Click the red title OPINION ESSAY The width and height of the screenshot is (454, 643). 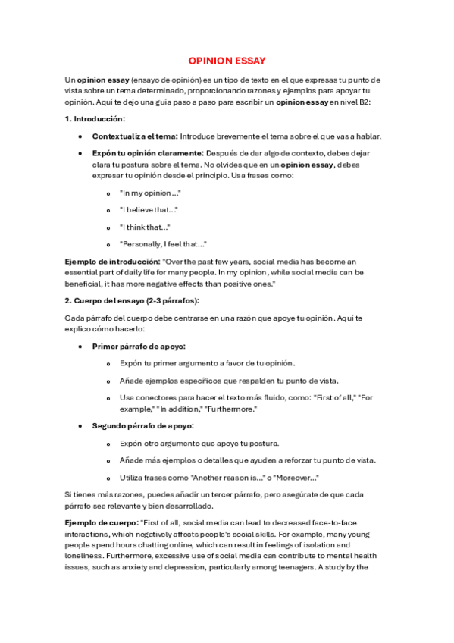pyautogui.click(x=227, y=60)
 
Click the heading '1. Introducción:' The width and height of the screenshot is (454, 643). pyautogui.click(x=95, y=119)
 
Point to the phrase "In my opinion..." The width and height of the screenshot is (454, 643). pyautogui.click(x=150, y=193)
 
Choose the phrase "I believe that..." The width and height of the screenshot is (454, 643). pyautogui.click(x=149, y=210)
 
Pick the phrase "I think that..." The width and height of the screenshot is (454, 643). pyautogui.click(x=145, y=227)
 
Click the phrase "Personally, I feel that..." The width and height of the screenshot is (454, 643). pyautogui.click(x=163, y=243)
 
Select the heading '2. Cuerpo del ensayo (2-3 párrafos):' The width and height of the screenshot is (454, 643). pyautogui.click(x=136, y=301)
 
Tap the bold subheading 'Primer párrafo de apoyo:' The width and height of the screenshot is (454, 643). pyautogui.click(x=139, y=347)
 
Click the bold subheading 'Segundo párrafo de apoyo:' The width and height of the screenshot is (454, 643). pyautogui.click(x=142, y=426)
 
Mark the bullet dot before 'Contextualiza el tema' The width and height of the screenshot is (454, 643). pyautogui.click(x=80, y=136)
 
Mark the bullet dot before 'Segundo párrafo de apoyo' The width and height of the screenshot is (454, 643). pyautogui.click(x=80, y=426)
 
